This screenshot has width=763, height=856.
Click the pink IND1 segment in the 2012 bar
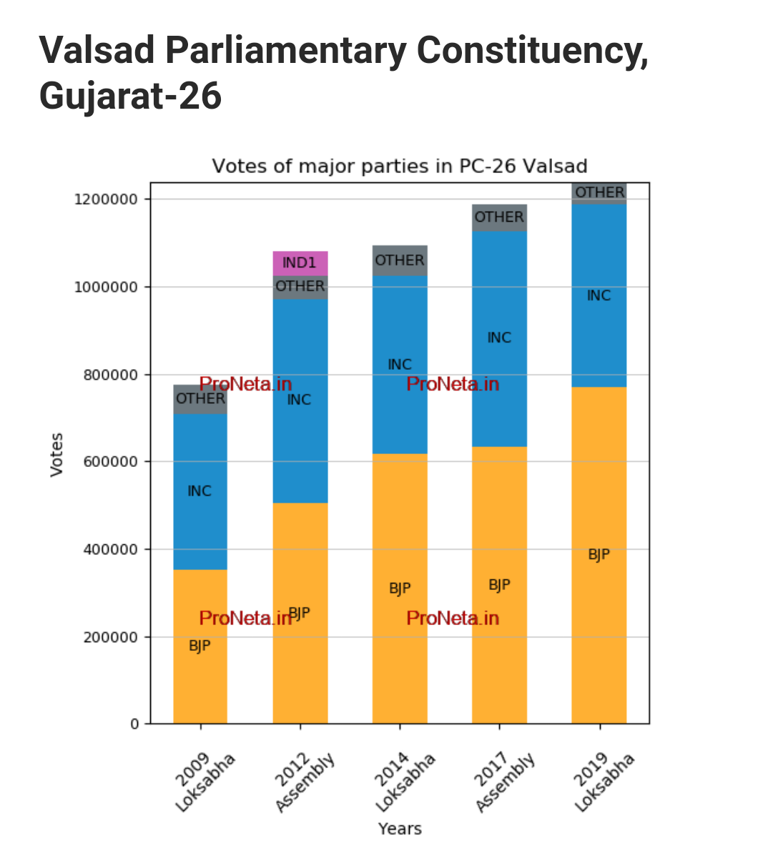300,263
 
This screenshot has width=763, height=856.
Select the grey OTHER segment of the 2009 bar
200,399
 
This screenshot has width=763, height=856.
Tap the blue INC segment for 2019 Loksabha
599,295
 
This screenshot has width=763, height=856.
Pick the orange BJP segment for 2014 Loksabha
400,588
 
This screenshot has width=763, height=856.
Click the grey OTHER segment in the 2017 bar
499,217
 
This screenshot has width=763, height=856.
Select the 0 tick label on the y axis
134,724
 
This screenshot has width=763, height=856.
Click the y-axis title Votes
56,454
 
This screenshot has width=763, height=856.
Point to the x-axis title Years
400,829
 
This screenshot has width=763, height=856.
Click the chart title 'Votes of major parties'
400,166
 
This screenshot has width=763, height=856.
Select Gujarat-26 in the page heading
130,96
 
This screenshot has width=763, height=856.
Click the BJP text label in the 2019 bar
599,554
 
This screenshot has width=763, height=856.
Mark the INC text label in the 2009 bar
200,491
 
